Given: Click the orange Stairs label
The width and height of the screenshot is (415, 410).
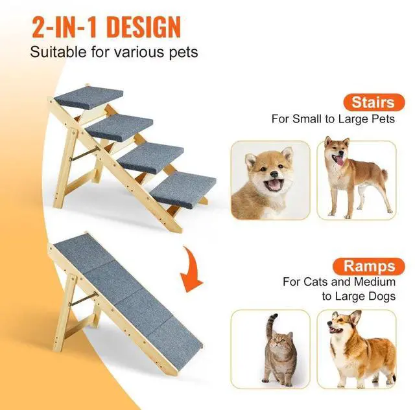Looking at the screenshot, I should pyautogui.click(x=373, y=102).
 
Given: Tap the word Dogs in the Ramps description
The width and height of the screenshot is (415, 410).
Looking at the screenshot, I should pyautogui.click(x=380, y=297).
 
